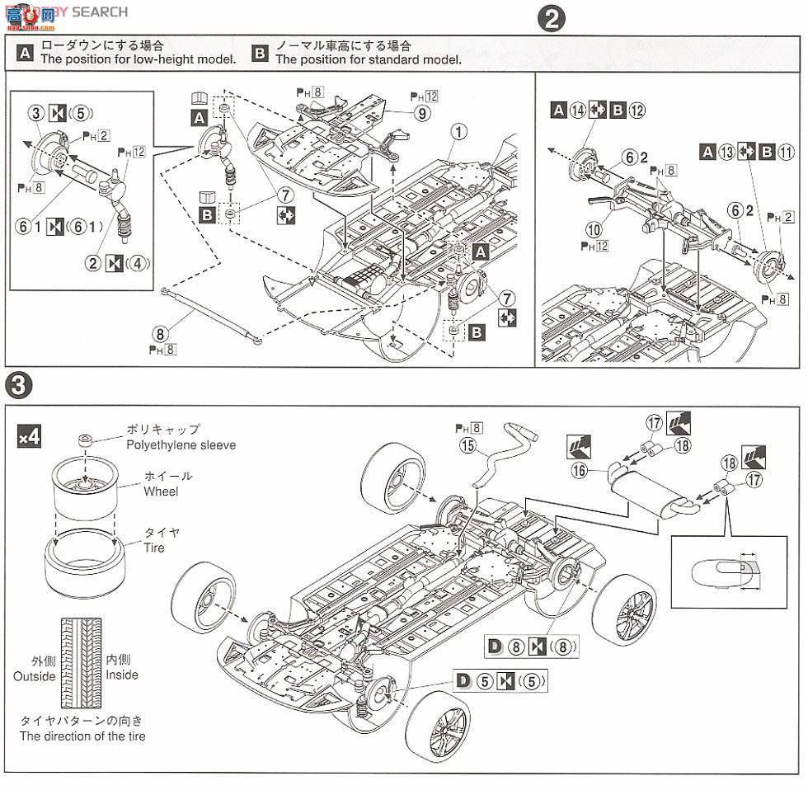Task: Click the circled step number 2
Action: tap(550, 19)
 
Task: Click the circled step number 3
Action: tap(19, 384)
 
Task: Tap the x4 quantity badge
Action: tap(29, 437)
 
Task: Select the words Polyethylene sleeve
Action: tap(181, 444)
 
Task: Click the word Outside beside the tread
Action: tap(34, 676)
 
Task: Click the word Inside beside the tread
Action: tap(122, 675)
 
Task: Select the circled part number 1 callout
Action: tap(459, 130)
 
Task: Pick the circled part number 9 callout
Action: tap(422, 114)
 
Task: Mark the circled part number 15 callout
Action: tap(469, 446)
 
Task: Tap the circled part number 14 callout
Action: tap(580, 110)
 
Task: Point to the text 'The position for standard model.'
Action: tap(368, 59)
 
